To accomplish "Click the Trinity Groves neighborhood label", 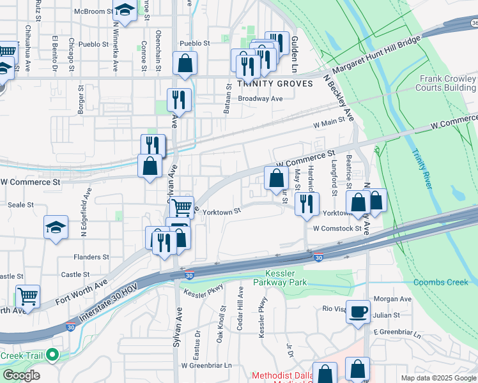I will coord(275,84).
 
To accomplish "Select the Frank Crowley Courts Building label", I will coord(447,83).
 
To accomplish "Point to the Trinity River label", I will coord(421,169).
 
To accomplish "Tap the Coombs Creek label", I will coord(441,282).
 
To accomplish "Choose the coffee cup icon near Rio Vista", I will coord(358,311).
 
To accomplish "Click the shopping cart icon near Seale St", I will coord(182,206).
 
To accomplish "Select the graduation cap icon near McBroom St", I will coord(125,11).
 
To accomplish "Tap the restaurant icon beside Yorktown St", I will coord(307,202).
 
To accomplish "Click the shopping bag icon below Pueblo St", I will coord(185,63).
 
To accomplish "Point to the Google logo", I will coord(20,375).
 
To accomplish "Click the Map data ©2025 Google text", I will coord(438,378).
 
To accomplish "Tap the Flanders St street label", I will coord(91,257).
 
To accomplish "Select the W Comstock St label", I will coord(337,228).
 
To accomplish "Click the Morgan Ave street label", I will coord(392,299).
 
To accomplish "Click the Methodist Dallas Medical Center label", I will coord(281,376).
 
